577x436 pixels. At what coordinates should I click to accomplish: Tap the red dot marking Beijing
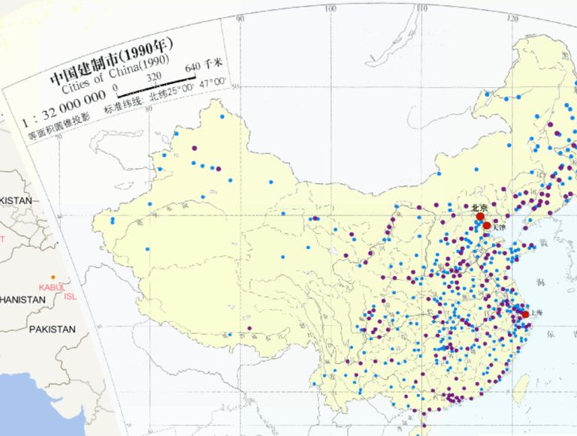[x=480, y=217]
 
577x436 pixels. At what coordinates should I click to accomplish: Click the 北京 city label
[x=479, y=207]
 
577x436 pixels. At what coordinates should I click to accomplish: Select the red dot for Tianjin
[x=487, y=225]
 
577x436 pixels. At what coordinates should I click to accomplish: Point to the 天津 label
[x=499, y=227]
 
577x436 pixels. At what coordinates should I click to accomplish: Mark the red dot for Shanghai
[x=525, y=314]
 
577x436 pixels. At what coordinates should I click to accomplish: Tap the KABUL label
[x=52, y=287]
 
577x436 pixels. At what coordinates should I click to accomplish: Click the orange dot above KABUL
[x=53, y=277]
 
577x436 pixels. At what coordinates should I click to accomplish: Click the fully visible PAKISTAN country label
[x=52, y=329]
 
